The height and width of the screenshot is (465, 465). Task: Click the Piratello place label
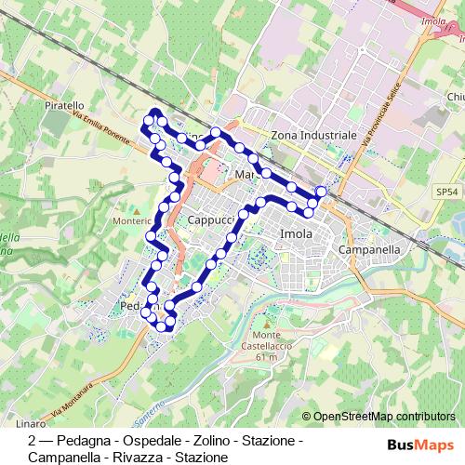click(x=64, y=107)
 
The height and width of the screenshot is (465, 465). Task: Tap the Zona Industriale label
click(x=313, y=136)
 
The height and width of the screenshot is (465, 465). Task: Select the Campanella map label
click(x=369, y=250)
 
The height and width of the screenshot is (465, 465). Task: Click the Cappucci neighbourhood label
click(x=210, y=219)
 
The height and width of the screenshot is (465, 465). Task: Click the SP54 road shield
click(x=447, y=192)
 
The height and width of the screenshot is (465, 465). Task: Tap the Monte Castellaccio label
click(x=266, y=340)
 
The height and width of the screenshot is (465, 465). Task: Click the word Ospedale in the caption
click(x=159, y=440)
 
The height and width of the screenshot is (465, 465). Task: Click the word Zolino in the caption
click(x=220, y=440)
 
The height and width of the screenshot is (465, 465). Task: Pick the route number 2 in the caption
click(x=33, y=440)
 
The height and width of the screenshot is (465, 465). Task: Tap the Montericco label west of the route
click(x=130, y=221)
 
